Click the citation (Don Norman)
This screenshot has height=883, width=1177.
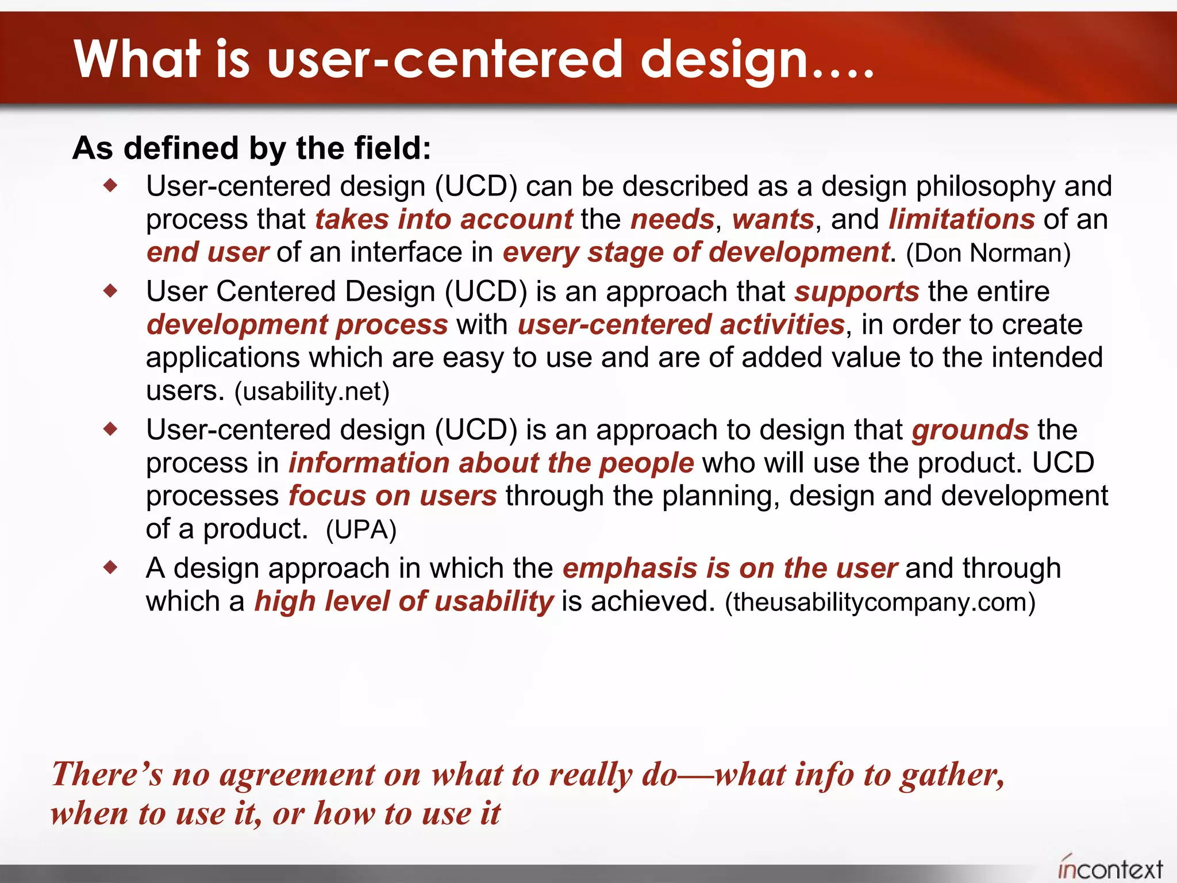click(988, 254)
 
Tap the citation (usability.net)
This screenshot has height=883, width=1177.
click(311, 392)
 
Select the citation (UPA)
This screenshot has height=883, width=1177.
click(361, 530)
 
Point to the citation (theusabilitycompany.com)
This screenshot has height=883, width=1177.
click(880, 602)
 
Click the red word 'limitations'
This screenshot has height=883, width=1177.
click(961, 220)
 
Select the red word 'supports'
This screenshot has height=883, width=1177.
click(856, 292)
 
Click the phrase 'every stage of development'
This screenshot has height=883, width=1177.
click(696, 253)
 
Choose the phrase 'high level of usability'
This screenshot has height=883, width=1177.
click(403, 602)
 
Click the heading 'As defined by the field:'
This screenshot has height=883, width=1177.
click(252, 148)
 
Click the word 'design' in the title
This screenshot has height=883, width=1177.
click(724, 60)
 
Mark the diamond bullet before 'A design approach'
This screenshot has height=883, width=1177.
click(110, 568)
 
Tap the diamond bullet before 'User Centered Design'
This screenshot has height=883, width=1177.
click(110, 291)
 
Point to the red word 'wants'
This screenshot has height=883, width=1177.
click(773, 220)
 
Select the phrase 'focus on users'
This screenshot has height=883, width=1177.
click(392, 496)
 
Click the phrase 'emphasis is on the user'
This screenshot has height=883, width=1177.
click(729, 569)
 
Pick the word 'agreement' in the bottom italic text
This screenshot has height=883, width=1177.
click(297, 775)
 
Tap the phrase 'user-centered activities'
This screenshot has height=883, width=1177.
click(680, 325)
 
